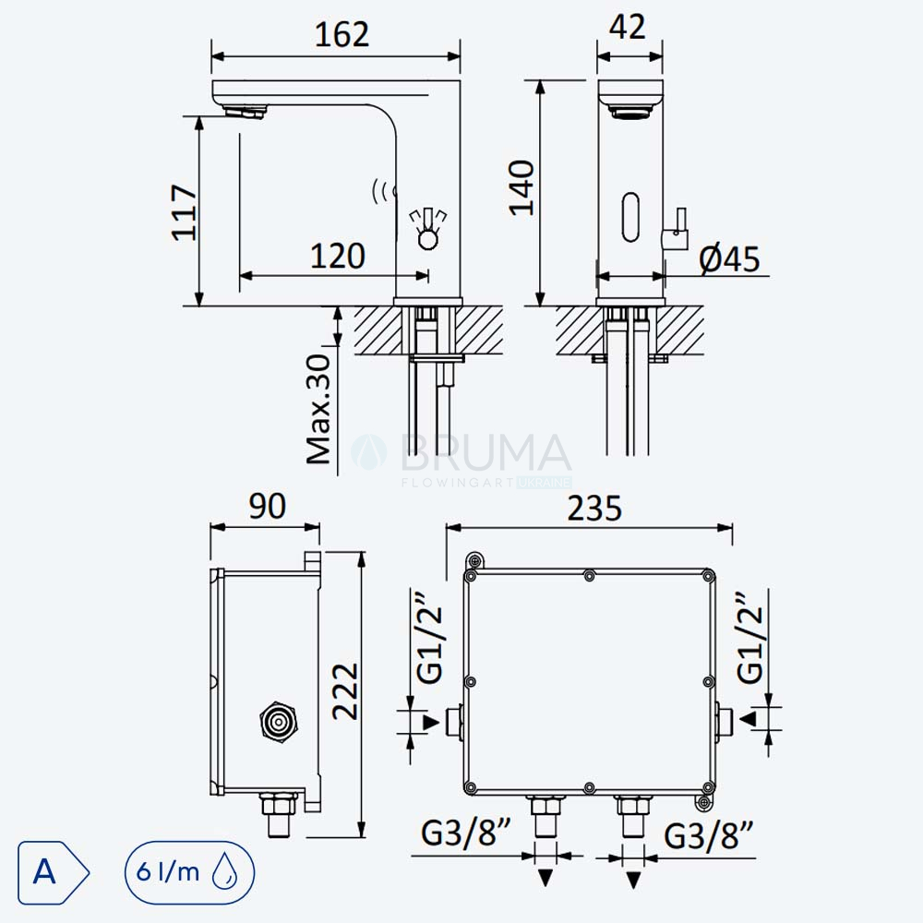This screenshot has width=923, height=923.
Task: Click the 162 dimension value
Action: pos(342,35)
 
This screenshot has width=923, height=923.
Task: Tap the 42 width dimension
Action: pos(628,27)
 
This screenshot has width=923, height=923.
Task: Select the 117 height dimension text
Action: pos(185,212)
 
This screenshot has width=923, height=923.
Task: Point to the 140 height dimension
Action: pos(521,187)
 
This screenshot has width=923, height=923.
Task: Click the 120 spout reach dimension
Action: pos(337,256)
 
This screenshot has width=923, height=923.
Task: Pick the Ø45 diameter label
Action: pos(729,258)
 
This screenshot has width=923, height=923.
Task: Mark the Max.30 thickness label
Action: pos(319,409)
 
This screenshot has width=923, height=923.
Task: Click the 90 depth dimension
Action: pos(268,506)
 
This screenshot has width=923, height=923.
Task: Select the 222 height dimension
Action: pos(344,691)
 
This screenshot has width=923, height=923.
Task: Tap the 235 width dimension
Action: pos(593,509)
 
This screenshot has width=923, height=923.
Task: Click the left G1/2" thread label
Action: pos(429,637)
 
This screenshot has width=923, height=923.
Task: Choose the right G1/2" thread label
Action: pos(749,637)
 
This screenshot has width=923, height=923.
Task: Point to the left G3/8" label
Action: pos(465,833)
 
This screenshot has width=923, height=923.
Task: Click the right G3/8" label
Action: pos(709,836)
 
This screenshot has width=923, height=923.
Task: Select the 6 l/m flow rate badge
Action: pos(189,872)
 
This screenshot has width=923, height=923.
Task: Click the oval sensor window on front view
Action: pos(630,217)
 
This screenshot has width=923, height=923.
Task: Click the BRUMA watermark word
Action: pos(485,453)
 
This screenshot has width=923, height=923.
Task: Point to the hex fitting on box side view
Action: pos(278,721)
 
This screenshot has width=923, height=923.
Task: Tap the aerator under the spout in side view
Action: pos(244,111)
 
